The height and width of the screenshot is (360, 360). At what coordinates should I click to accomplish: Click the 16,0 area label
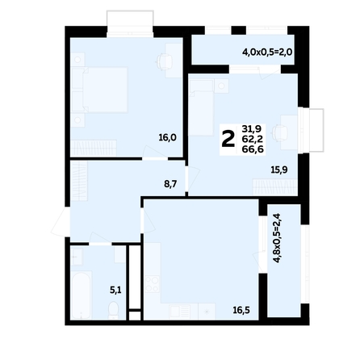(167, 138)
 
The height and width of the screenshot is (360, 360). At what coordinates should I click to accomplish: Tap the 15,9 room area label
(279, 170)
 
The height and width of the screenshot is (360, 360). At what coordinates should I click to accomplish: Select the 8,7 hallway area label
(170, 184)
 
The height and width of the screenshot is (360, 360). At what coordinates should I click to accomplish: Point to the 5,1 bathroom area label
(115, 290)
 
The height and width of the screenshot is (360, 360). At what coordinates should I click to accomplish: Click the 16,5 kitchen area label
(241, 310)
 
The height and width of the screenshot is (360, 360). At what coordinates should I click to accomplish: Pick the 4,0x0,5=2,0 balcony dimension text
(267, 52)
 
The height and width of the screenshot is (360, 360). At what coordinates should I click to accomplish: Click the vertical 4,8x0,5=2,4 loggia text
(277, 238)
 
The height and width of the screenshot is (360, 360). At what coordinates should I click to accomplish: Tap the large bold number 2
(228, 140)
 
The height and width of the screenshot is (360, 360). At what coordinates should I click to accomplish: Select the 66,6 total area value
(253, 149)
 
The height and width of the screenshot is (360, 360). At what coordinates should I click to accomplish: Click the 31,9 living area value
(252, 129)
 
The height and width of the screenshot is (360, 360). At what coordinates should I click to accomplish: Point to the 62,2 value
(253, 139)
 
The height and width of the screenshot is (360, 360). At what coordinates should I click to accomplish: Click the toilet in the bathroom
(113, 310)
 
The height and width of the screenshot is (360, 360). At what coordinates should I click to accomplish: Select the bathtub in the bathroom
(82, 295)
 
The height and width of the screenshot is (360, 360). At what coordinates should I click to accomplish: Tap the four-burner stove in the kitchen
(152, 284)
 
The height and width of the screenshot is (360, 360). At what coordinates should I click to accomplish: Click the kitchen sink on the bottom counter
(180, 312)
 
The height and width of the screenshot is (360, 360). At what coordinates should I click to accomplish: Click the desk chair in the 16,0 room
(164, 61)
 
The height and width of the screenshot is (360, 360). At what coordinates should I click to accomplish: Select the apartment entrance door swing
(61, 222)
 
